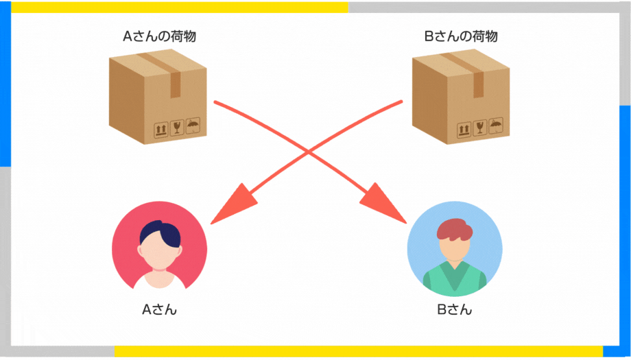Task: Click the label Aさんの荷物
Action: coord(159,36)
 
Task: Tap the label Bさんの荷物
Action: coord(461,36)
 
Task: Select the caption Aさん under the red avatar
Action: coord(159,309)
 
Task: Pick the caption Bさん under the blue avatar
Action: coord(454,309)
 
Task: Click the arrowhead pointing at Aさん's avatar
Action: coord(235,204)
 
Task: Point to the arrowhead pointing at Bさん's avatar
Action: coord(381,204)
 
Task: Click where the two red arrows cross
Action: coord(308,152)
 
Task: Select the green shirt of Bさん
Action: coord(455,278)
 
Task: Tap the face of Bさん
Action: coord(455,249)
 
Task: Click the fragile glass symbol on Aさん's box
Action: coord(177,128)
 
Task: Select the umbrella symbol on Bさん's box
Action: coord(496,125)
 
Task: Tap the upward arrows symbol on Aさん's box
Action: coord(160,130)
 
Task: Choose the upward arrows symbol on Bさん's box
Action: coord(464,130)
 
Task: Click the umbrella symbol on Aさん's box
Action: coord(193,125)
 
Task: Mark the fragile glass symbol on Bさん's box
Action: coord(479,128)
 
